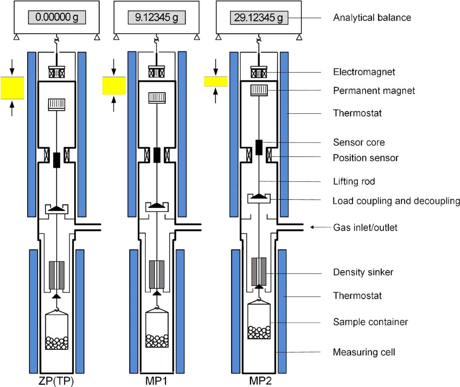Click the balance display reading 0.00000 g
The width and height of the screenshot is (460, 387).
57,17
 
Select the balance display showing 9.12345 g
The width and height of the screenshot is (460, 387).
157,17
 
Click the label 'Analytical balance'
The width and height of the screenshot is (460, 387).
372,18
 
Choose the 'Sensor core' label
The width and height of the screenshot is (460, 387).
359,142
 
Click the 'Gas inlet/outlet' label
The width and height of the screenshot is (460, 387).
365,227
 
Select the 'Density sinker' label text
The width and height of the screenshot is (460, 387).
363,273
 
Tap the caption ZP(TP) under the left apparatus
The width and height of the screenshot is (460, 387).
57,381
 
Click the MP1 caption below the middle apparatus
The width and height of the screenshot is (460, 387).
157,381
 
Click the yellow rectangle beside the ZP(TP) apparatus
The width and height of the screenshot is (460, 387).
12,88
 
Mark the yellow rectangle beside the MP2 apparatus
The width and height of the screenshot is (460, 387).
215,82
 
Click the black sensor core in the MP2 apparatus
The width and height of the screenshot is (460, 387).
259,147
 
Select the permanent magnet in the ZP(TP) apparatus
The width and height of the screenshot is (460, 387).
57,104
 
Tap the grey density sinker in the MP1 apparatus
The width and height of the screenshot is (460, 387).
157,274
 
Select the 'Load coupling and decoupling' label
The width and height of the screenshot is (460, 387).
396,201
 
